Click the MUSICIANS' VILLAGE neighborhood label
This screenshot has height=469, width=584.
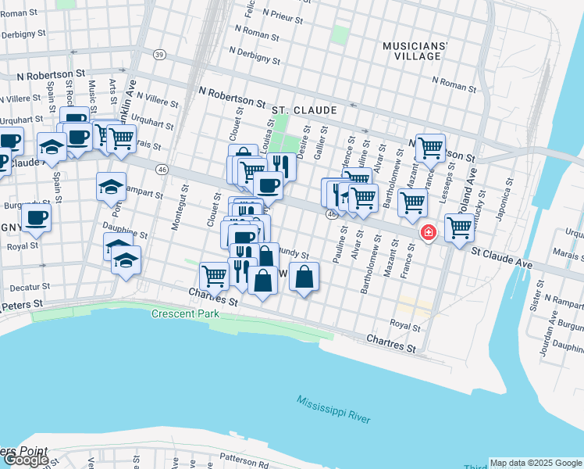pos(415,52)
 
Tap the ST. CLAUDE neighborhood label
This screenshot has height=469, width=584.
pos(304,110)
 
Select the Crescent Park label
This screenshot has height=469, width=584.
pos(185,313)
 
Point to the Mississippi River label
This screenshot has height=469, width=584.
pos(333,410)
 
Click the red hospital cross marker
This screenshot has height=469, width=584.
pos(428,233)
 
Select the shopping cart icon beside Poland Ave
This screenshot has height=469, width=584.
pos(459,227)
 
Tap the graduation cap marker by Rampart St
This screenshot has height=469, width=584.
pos(111,186)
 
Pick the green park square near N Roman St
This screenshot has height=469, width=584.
pos(340,34)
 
